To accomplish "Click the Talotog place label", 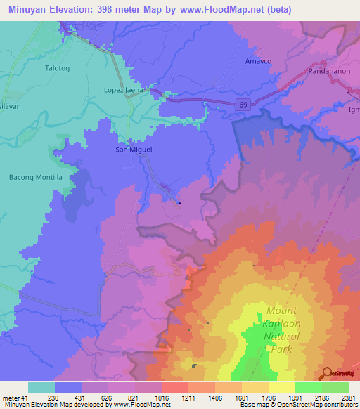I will click(58, 68).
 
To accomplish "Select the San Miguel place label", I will click(134, 150).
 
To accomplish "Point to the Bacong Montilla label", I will click(36, 177).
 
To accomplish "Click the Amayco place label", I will click(257, 61).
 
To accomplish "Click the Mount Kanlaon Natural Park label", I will click(282, 323).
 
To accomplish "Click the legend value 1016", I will click(162, 398).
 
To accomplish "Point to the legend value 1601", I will click(241, 398).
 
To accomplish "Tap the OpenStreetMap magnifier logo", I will click(328, 373).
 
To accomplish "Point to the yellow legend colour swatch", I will click(281, 387).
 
